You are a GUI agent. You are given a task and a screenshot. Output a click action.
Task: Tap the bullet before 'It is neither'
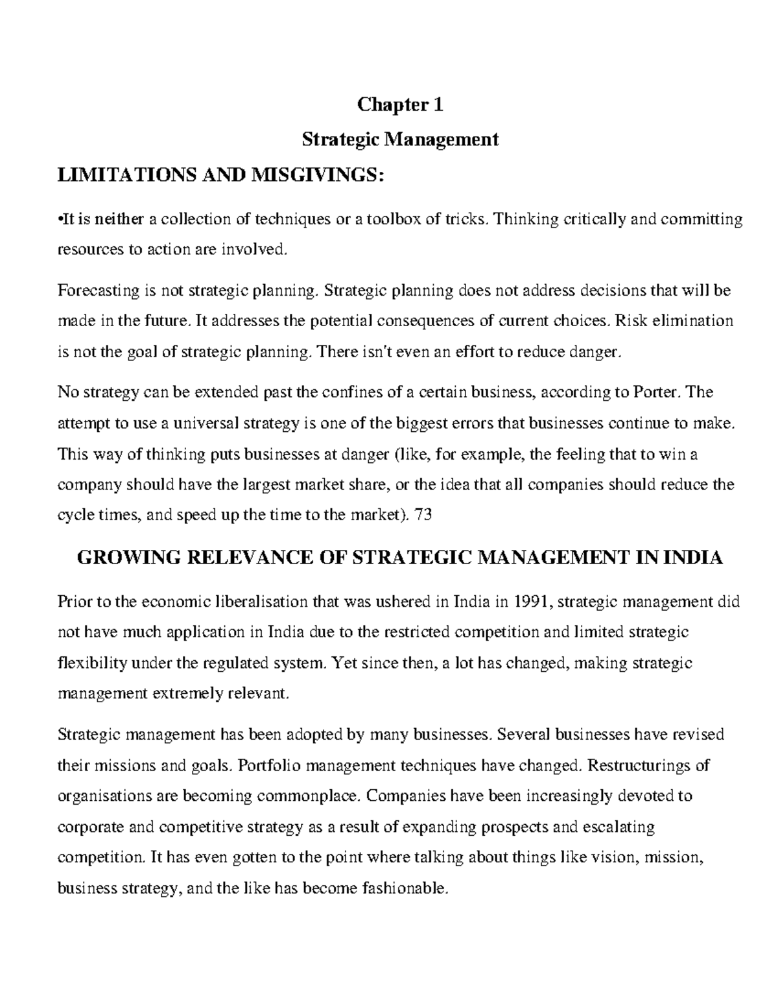60,220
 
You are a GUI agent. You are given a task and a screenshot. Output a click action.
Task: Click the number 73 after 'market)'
422,515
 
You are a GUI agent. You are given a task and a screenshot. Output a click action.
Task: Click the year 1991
532,602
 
